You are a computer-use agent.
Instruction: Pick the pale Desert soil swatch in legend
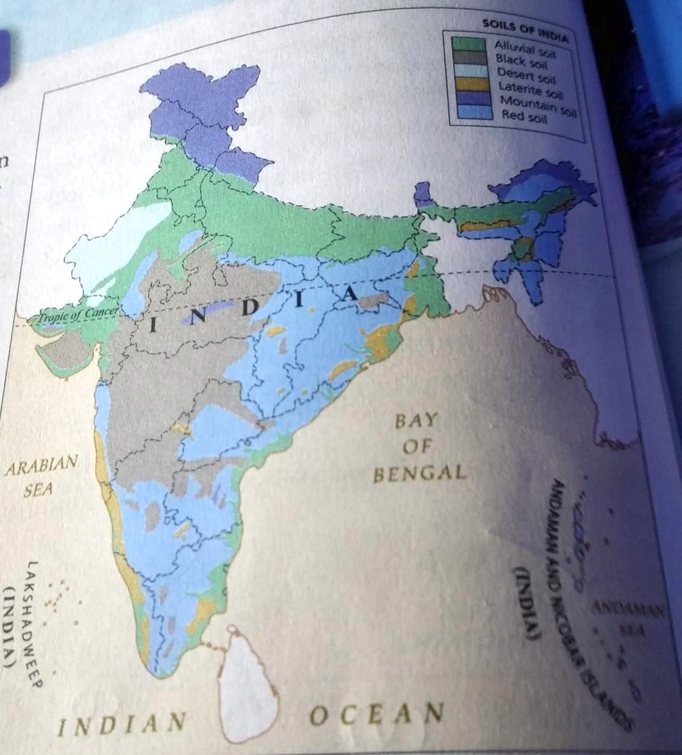pos(470,72)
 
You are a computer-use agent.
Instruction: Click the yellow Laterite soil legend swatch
pos(471,84)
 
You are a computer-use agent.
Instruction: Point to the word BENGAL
pos(420,473)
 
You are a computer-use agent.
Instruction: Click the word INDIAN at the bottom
pos(122,723)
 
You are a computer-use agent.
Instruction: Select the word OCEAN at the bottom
pos(377,714)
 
